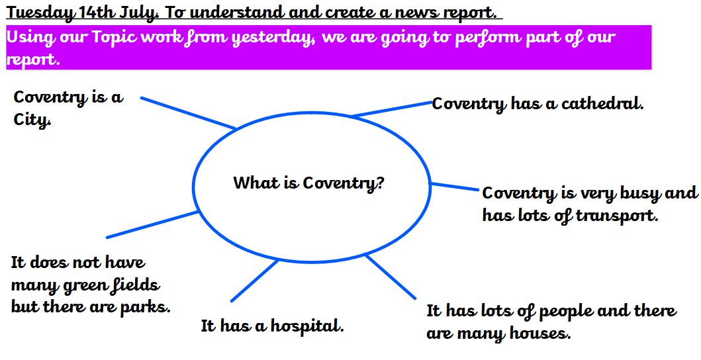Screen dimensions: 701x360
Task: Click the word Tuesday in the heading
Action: point(40,13)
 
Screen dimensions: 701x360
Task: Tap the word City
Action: point(32,120)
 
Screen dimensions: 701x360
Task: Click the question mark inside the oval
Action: point(381,182)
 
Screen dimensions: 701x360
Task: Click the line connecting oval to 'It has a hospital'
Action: point(255,281)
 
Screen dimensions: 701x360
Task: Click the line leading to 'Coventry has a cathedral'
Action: point(392,109)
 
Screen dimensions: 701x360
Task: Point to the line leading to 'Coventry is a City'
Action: point(188,112)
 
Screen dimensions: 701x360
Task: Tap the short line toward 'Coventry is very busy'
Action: point(454,187)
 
